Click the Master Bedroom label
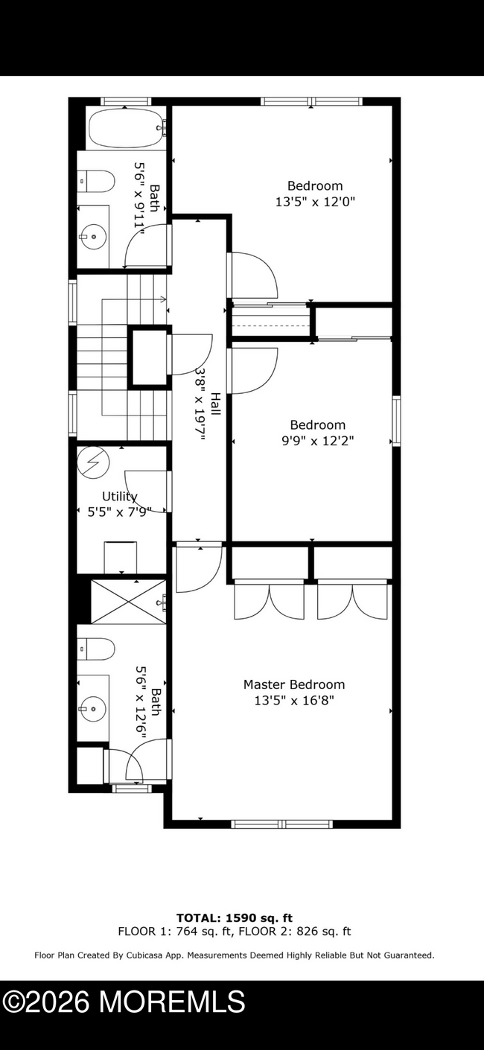coord(294,684)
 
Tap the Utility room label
coord(119,497)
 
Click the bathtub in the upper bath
coord(126,129)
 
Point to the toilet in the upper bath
coord(98,181)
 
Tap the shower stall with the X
coord(128,600)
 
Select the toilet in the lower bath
coord(97,649)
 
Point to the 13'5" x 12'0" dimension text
coord(315,202)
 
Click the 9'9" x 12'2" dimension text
coord(317,441)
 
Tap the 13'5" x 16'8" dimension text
coord(294,701)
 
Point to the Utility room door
coord(146,491)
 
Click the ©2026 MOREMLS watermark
coord(124,1002)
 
